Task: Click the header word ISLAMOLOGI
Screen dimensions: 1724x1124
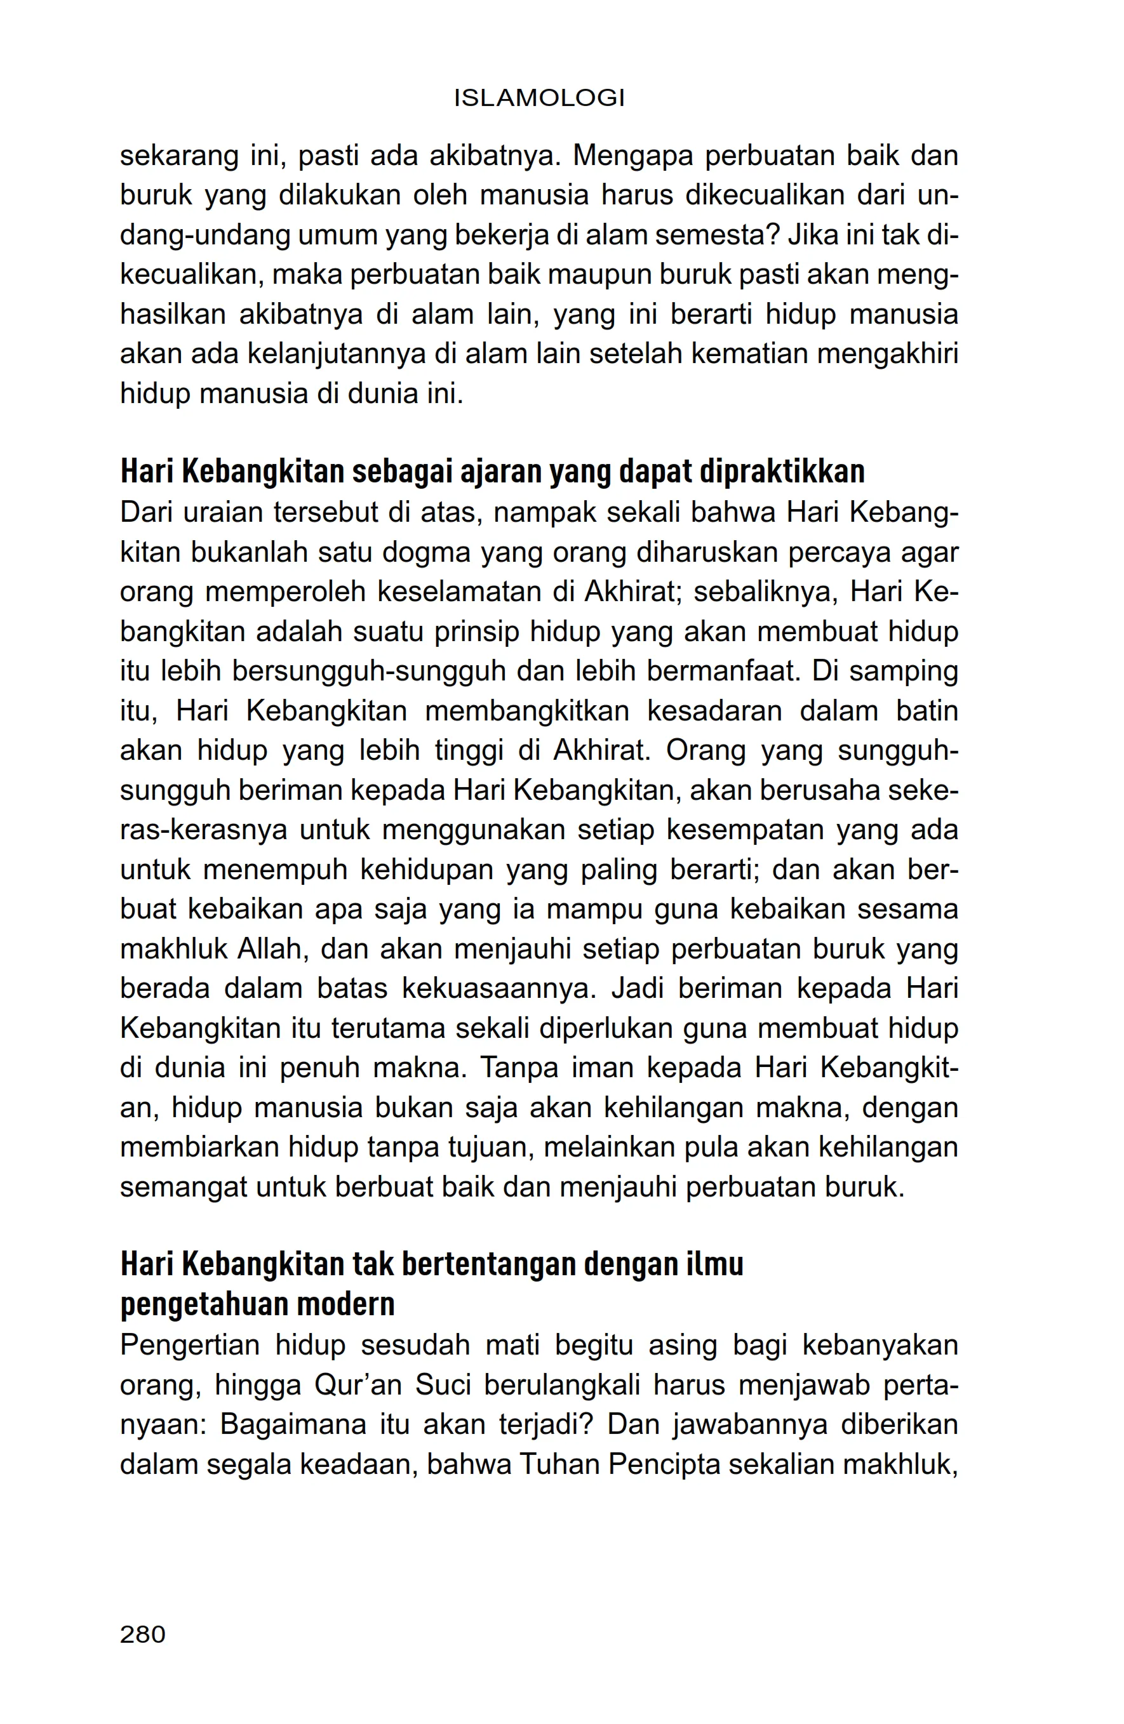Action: (539, 98)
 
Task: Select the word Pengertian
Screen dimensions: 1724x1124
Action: (190, 1345)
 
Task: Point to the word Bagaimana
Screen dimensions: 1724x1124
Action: (292, 1425)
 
